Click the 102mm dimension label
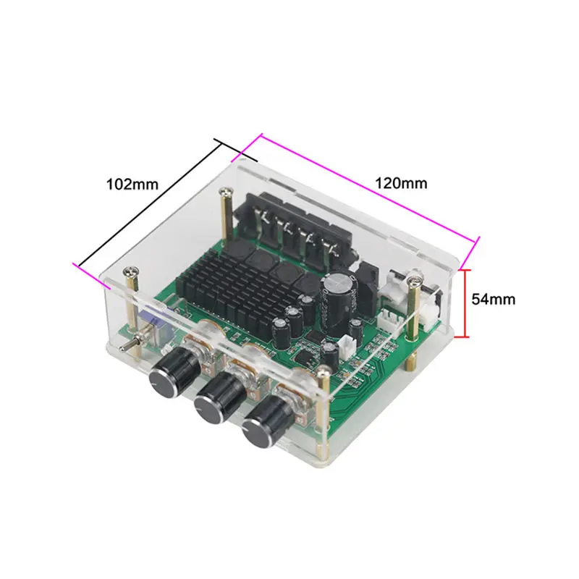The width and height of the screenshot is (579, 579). point(132,184)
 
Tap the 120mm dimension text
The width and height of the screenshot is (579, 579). point(401,183)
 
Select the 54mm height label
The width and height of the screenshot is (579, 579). point(494,299)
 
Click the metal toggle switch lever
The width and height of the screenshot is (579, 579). point(131,342)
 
